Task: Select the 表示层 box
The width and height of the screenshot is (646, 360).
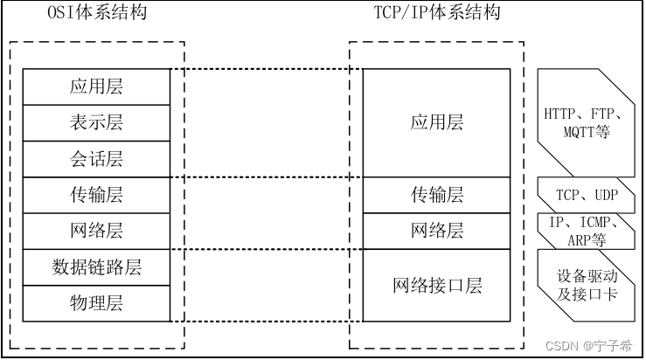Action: tap(96, 123)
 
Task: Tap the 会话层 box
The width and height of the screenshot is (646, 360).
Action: tap(96, 159)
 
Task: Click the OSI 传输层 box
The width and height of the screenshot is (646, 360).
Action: tap(96, 195)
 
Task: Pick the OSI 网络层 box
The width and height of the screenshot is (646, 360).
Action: tap(96, 231)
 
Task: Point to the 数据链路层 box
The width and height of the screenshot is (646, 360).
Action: tap(96, 267)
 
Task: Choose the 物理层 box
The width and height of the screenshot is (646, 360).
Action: tap(96, 303)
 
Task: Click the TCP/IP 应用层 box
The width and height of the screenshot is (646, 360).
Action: tap(437, 122)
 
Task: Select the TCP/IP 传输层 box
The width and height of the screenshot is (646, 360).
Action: tap(437, 195)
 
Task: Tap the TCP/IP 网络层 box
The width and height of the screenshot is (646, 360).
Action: tap(437, 231)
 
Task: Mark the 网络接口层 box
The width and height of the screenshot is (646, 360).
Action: tap(437, 285)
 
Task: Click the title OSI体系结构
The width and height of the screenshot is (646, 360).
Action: tap(96, 14)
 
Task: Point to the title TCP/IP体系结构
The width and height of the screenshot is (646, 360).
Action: tap(436, 14)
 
